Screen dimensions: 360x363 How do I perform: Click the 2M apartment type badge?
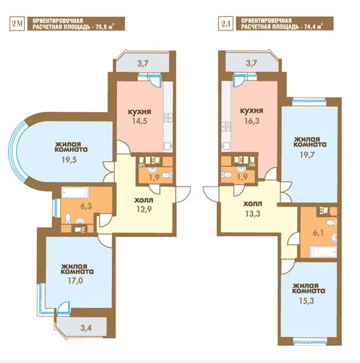pyautogui.click(x=17, y=24)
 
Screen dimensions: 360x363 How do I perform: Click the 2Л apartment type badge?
pyautogui.click(x=225, y=24)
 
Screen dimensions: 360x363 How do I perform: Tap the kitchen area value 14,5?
pyautogui.click(x=140, y=121)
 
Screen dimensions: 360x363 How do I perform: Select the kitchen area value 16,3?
pyautogui.click(x=251, y=121)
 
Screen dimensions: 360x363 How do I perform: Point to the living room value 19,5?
pyautogui.click(x=69, y=160)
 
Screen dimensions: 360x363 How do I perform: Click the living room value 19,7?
pyautogui.click(x=307, y=155)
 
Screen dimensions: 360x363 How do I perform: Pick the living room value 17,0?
pyautogui.click(x=75, y=281)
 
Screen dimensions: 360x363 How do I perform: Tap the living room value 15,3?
pyautogui.click(x=307, y=301)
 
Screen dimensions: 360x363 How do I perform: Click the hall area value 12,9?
pyautogui.click(x=144, y=209)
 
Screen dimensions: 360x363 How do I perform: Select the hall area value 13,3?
pyautogui.click(x=252, y=213)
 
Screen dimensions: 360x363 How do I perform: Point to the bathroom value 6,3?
pyautogui.click(x=86, y=206)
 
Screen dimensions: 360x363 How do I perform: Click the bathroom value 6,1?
pyautogui.click(x=318, y=233)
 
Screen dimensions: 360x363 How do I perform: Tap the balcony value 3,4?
pyautogui.click(x=86, y=328)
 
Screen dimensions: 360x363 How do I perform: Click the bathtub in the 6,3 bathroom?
pyautogui.click(x=75, y=193)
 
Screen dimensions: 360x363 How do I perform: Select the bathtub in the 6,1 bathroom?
pyautogui.click(x=323, y=252)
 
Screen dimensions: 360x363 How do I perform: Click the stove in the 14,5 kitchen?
pyautogui.click(x=168, y=117)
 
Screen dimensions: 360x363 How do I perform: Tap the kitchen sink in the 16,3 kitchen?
pyautogui.click(x=226, y=146)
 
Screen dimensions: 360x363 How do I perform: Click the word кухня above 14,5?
pyautogui.click(x=140, y=112)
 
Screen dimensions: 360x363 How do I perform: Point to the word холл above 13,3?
pyautogui.click(x=252, y=204)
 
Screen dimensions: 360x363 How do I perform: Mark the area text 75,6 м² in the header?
pyautogui.click(x=105, y=27)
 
